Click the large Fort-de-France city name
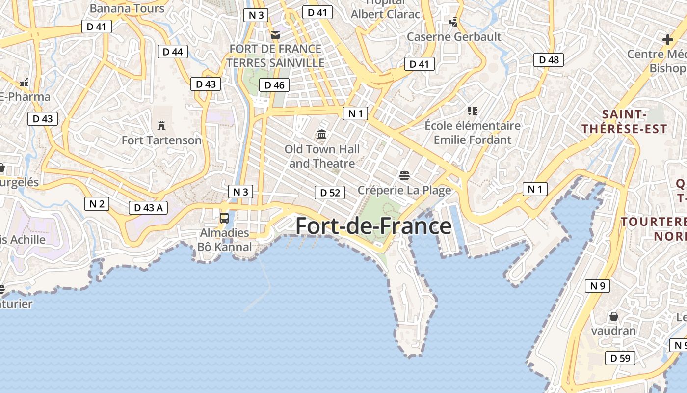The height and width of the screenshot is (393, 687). point(373,226)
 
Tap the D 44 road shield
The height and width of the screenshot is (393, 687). point(173,52)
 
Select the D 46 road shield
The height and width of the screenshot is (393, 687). point(274,85)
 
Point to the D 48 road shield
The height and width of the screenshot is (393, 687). point(549,60)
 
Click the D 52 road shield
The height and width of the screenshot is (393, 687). point(330,193)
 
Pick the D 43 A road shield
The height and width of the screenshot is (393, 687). point(148,208)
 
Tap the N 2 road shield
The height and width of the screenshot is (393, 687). point(97,203)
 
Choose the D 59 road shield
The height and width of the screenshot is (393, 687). point(620,358)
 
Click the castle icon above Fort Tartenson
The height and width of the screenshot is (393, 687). point(161,125)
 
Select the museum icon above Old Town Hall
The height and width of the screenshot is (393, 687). point(322,134)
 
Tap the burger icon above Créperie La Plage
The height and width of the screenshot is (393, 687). point(404,175)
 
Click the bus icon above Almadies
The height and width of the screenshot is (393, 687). point(224,218)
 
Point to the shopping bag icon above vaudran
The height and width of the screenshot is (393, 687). point(613,316)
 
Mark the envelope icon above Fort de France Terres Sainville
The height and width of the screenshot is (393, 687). point(275,34)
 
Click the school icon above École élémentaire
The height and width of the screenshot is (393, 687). point(472,111)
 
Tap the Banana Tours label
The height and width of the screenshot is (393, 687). point(127,8)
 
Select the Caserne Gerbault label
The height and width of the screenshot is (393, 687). point(454,37)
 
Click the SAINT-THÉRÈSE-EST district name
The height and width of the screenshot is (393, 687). point(624,122)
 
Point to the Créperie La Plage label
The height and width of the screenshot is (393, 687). point(404,190)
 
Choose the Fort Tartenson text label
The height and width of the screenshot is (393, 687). point(161,140)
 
